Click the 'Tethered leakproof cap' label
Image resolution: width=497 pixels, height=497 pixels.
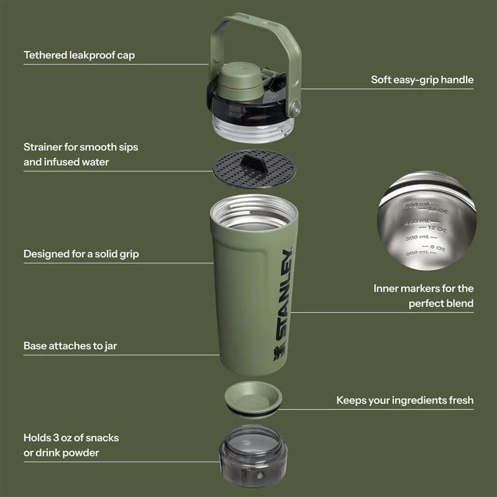(79, 55)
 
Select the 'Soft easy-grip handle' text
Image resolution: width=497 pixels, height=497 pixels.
(422, 80)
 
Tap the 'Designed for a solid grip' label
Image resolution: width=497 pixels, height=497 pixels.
(81, 253)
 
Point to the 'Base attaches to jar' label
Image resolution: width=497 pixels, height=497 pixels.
(70, 345)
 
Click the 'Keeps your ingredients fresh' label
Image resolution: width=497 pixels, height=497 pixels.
(404, 400)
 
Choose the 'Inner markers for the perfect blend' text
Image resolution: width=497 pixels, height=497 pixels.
(423, 296)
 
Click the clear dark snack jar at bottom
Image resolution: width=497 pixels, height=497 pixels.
(253, 457)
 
